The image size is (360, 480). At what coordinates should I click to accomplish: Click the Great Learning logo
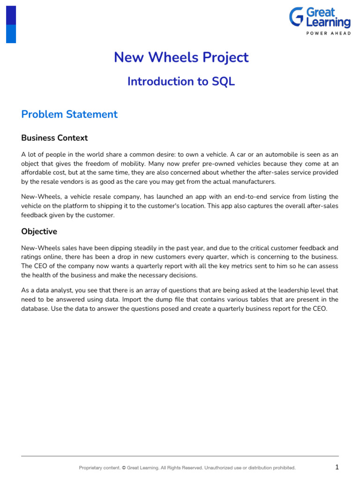click(x=319, y=21)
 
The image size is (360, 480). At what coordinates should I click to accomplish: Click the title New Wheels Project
click(x=181, y=57)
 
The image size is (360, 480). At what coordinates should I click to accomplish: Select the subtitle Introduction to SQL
click(x=181, y=81)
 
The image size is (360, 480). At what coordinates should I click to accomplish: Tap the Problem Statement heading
click(x=69, y=114)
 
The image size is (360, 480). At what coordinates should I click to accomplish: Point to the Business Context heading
click(x=54, y=138)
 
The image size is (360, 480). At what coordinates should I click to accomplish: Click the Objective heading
click(x=39, y=232)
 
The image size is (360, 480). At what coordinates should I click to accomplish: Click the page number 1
click(x=337, y=467)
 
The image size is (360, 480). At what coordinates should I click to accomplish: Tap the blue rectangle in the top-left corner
click(x=11, y=24)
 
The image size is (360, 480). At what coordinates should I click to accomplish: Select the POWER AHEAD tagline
click(x=328, y=33)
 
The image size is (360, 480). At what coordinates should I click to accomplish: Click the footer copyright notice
click(x=187, y=467)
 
